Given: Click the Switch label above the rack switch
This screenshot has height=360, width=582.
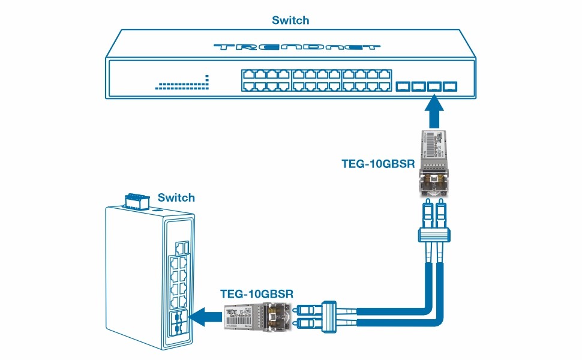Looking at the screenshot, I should coord(290,20).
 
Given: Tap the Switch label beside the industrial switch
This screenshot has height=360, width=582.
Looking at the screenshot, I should coord(176,197).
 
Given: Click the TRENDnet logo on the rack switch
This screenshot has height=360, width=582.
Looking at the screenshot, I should coord(296,47).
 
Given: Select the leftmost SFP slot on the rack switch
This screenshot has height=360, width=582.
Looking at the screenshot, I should coord(403,87).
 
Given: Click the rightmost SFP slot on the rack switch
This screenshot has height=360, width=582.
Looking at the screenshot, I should coord(449,87).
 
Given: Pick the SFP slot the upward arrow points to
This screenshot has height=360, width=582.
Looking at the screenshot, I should coord(434,87).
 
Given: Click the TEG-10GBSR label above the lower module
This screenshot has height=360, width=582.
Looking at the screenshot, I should coord(257,294).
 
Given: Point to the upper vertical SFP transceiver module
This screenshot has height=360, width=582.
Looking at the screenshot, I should coord(434,162).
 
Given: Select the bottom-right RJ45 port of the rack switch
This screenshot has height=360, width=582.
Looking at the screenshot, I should coord(386,86).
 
